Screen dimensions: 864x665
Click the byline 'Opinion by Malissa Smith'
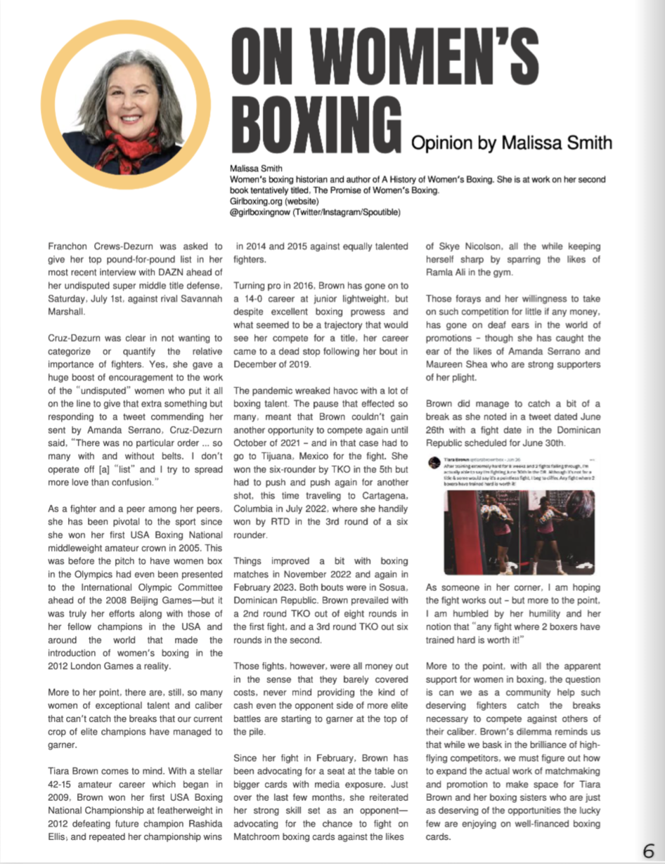pyautogui.click(x=512, y=143)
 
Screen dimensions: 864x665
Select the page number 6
pyautogui.click(x=648, y=850)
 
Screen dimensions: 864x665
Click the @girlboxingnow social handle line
pyautogui.click(x=315, y=211)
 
